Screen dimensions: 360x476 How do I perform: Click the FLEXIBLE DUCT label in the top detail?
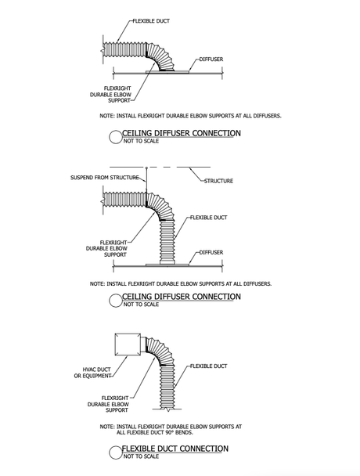151,21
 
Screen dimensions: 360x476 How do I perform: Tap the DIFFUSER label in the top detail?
211,59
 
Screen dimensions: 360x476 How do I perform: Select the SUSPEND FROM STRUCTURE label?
105,177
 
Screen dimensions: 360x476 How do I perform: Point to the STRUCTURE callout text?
218,181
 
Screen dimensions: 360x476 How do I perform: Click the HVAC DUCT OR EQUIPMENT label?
93,373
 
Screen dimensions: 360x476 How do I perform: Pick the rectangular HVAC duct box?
128,344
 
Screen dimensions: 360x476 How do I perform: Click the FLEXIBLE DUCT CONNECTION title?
175,449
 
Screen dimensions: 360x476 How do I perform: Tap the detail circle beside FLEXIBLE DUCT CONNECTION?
115,453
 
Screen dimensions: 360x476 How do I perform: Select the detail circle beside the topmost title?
115,137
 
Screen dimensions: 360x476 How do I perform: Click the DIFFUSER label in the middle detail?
211,252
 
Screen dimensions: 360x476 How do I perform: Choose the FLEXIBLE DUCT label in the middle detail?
208,218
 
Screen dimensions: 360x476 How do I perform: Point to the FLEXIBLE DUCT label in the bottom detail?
208,366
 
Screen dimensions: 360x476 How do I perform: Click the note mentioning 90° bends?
171,429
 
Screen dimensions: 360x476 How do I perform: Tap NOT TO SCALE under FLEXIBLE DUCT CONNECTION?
141,456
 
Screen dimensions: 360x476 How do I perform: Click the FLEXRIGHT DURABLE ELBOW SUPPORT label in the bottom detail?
108,404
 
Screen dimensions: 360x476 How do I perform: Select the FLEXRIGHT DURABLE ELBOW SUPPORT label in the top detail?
110,95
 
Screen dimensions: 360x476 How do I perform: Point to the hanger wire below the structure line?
146,179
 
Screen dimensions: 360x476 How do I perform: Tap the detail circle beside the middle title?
115,301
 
